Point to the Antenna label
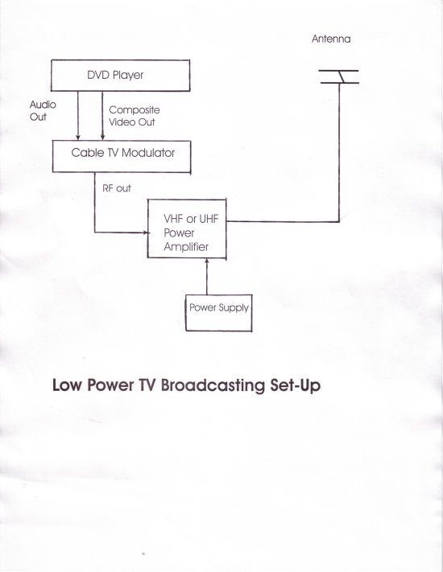point(331,39)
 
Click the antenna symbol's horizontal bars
point(339,76)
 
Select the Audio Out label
point(43,110)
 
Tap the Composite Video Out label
point(135,116)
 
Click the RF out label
point(117,188)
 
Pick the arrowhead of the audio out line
point(78,137)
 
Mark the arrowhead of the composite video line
point(102,137)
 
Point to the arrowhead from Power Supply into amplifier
point(207,261)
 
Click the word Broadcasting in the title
point(213,385)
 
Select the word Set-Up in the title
point(296,385)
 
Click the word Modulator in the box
point(148,153)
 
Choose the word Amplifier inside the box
point(186,247)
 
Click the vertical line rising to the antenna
point(339,153)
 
